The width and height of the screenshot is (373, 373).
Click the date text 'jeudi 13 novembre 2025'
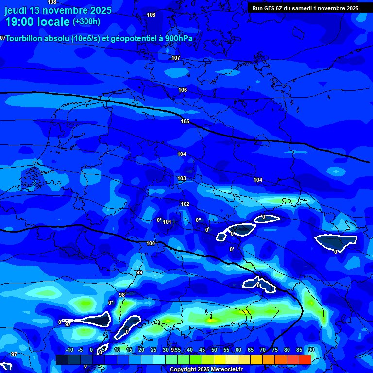pyautogui.click(x=58, y=10)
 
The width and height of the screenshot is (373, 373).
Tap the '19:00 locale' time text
pyautogui.click(x=37, y=22)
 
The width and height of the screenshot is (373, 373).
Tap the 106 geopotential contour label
pyautogui.click(x=183, y=90)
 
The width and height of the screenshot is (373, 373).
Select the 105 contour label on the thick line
pyautogui.click(x=185, y=121)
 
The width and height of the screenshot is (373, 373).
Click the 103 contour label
pyautogui.click(x=182, y=178)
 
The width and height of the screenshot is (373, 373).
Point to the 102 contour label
pyautogui.click(x=185, y=204)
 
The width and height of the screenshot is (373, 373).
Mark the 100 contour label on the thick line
pyautogui.click(x=151, y=243)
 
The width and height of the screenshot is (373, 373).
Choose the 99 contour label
pyautogui.click(x=139, y=272)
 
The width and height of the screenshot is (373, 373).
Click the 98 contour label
pyautogui.click(x=122, y=295)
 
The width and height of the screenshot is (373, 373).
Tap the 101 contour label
pyautogui.click(x=167, y=222)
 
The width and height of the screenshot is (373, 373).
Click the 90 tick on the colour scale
pyautogui.click(x=311, y=350)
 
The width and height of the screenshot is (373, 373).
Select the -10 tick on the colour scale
pyautogui.click(x=69, y=350)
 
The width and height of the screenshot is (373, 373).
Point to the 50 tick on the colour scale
pyautogui.click(x=214, y=350)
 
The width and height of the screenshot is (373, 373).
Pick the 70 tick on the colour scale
pyautogui.click(x=263, y=350)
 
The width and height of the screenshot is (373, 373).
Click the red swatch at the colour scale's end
pyautogui.click(x=305, y=359)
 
